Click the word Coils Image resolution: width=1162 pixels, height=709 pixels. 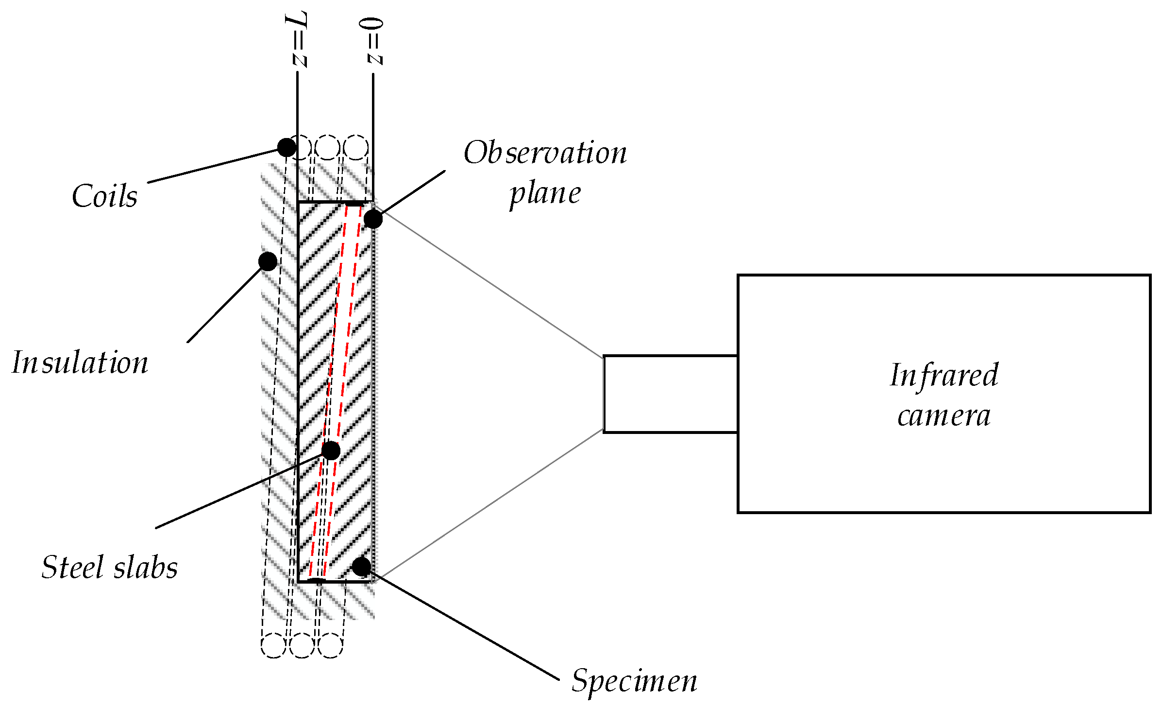click(x=104, y=196)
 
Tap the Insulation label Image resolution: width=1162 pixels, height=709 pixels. click(x=80, y=363)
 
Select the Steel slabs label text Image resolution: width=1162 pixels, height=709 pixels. click(x=110, y=568)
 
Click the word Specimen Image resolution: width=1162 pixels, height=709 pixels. click(x=634, y=681)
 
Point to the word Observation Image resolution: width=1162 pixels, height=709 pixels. click(x=545, y=153)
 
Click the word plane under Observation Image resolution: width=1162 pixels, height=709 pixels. click(x=545, y=193)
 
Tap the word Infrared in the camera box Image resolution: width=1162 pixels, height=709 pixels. click(x=943, y=375)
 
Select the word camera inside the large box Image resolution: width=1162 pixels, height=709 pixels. click(x=943, y=416)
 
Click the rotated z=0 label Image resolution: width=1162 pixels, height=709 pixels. click(x=374, y=41)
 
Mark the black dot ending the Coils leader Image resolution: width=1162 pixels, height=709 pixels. click(x=286, y=147)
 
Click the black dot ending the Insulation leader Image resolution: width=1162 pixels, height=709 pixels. click(x=268, y=261)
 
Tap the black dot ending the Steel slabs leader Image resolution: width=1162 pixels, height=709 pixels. click(x=331, y=450)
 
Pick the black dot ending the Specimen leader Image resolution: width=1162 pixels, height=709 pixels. click(x=361, y=566)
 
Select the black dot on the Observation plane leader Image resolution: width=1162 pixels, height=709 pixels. click(x=373, y=219)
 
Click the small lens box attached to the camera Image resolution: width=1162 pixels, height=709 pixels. click(x=670, y=394)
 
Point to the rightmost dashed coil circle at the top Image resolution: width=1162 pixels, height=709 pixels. click(x=356, y=147)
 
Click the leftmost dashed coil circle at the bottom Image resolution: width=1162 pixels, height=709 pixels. click(x=273, y=645)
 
